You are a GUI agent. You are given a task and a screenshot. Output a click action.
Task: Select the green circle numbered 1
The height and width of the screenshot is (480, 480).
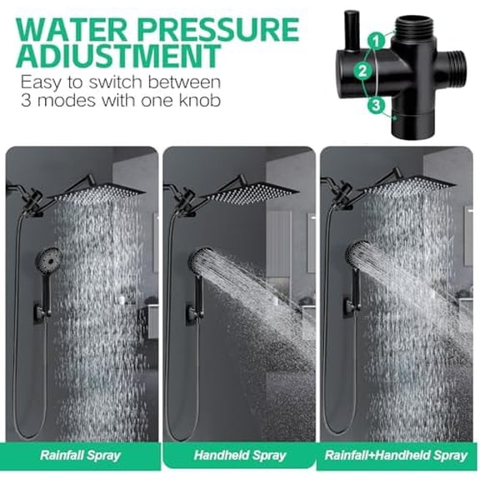pos(379,39)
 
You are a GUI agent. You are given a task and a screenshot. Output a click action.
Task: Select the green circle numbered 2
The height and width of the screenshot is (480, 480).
pos(362,72)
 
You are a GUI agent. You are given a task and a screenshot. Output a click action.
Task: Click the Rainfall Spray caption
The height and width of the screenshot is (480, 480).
pos(81,456)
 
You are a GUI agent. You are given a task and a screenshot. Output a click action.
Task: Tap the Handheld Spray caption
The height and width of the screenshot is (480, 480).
pos(239,456)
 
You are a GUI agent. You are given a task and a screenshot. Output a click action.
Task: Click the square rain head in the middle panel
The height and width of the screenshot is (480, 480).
pos(250,191)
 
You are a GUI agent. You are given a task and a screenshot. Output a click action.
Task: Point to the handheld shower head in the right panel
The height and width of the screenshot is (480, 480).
pos(359,255)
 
